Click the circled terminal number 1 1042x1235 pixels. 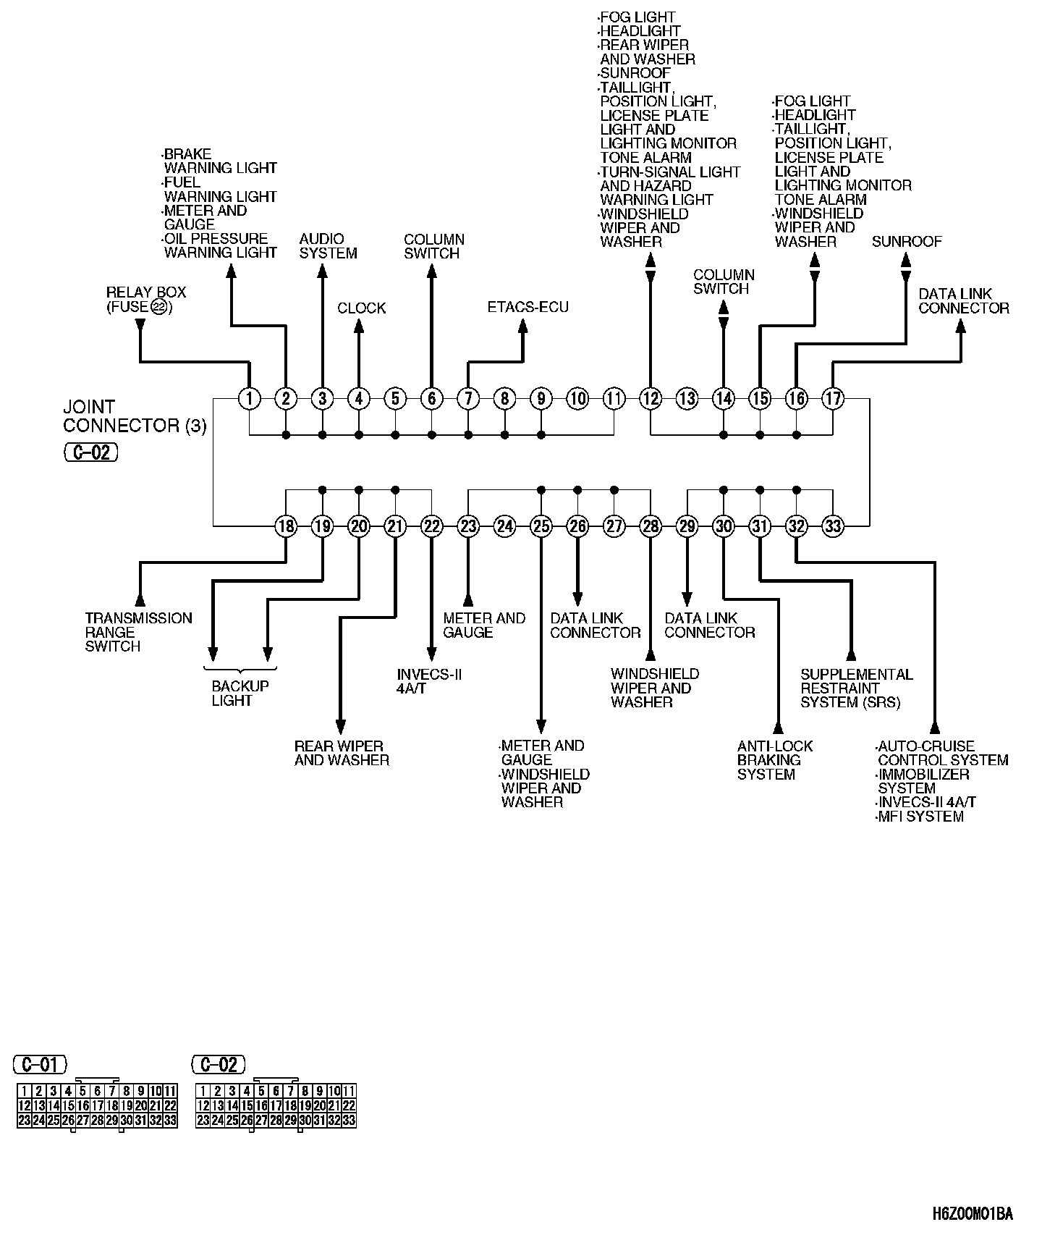(250, 398)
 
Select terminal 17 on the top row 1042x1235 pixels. (833, 398)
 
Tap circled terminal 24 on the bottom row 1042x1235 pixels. (504, 526)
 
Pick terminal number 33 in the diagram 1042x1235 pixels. (833, 526)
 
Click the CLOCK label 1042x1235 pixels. (361, 308)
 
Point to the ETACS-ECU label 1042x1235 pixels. (528, 308)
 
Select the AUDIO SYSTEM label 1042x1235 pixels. (328, 246)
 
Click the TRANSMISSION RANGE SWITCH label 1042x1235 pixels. (138, 632)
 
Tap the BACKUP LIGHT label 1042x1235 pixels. (240, 694)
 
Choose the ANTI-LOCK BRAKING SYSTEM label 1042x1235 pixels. (774, 760)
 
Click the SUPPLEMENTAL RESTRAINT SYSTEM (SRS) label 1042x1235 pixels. (856, 688)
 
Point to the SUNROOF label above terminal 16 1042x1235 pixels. (907, 242)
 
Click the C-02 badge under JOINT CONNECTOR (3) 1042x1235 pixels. (90, 452)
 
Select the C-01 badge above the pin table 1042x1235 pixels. (40, 1064)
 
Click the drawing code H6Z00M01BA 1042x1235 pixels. (972, 1213)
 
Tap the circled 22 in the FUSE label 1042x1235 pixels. (159, 308)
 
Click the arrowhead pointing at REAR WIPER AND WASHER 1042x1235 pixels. (341, 726)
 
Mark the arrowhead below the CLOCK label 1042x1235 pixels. (359, 326)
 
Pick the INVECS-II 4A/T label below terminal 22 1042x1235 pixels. (429, 681)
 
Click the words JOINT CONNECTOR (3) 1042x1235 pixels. (135, 416)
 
